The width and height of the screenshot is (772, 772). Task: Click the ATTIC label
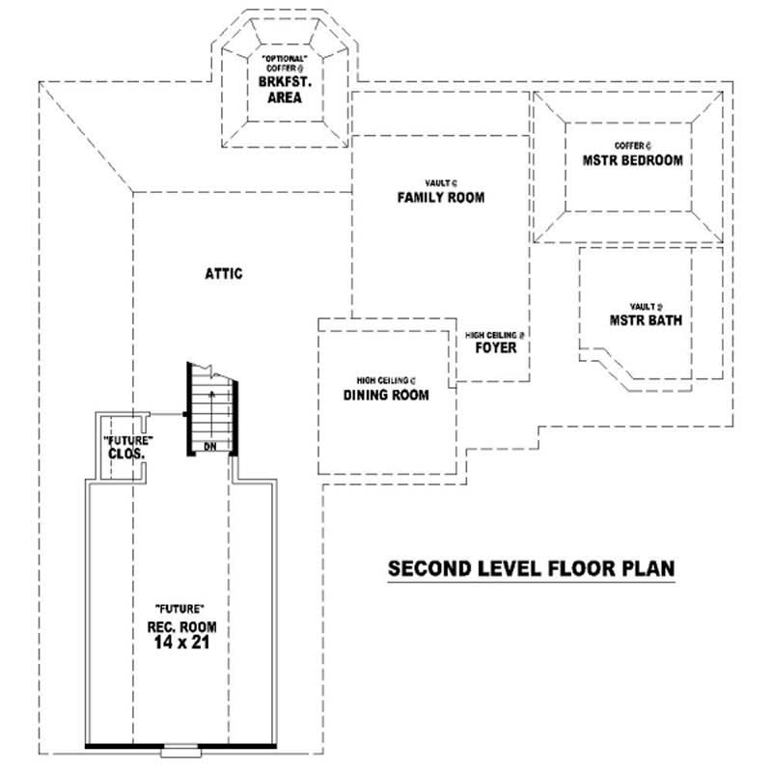click(223, 273)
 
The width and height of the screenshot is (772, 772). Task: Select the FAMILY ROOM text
click(441, 198)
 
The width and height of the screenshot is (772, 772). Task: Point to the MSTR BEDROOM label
click(632, 160)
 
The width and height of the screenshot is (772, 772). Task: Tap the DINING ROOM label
click(386, 395)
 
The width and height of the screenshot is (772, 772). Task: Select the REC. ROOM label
click(180, 626)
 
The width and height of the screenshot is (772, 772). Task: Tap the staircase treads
click(210, 405)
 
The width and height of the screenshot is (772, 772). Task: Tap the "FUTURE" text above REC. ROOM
click(179, 609)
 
